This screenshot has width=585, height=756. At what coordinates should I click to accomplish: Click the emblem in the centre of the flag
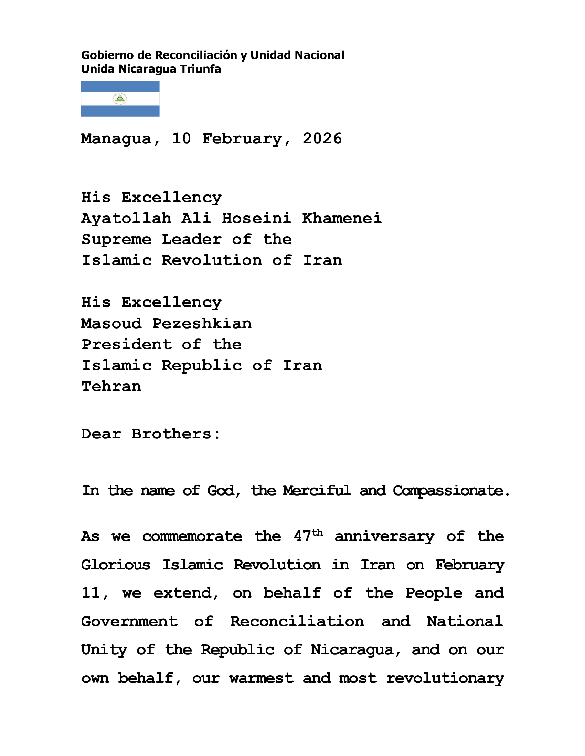coord(120,99)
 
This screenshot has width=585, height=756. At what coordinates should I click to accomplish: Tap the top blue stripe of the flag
coord(120,86)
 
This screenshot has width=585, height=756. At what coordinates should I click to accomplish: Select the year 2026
coord(322,139)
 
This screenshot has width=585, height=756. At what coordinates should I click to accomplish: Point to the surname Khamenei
coord(342,219)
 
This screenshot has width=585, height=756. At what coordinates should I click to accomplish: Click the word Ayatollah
coord(126,219)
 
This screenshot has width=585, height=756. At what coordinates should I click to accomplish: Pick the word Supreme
coord(116,240)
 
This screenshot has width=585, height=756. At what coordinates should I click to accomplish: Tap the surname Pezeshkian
coord(202,324)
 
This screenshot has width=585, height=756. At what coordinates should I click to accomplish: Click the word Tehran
coord(111,387)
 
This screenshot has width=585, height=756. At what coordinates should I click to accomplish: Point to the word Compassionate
coord(450,491)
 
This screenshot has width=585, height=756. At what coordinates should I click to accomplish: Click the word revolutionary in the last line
coord(445,678)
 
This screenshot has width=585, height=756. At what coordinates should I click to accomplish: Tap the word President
coord(127,345)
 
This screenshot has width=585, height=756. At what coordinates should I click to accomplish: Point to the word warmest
coord(261,678)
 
